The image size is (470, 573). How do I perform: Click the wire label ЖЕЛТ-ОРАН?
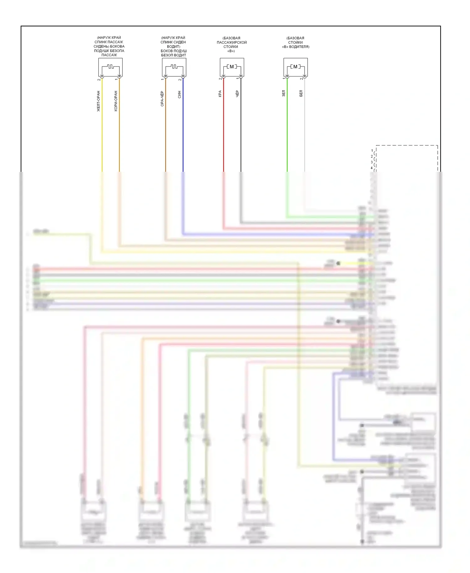[x=98, y=101]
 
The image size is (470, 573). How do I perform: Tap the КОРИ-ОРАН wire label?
[x=116, y=101]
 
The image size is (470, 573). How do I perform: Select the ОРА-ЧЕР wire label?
[x=162, y=99]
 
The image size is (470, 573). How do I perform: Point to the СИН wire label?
[x=179, y=95]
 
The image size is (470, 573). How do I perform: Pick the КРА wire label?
[x=220, y=94]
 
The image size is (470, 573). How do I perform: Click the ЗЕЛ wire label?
[x=284, y=93]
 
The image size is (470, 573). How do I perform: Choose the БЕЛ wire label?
[x=301, y=93]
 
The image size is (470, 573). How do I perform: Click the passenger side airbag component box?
[x=110, y=67]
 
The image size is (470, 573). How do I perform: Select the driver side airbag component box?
[x=174, y=67]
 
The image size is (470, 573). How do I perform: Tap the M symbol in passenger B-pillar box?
[x=232, y=67]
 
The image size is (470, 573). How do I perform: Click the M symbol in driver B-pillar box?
[x=295, y=67]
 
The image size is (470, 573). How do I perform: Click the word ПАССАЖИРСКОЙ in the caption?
[x=232, y=42]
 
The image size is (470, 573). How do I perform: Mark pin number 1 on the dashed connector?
[x=372, y=151]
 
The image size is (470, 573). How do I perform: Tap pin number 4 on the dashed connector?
[x=372, y=168]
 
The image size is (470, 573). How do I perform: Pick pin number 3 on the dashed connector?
[x=372, y=162]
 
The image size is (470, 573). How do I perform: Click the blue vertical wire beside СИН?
[x=183, y=132]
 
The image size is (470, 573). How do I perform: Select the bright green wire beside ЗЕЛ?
[x=287, y=132]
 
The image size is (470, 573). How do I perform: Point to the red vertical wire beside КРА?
[x=223, y=132]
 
